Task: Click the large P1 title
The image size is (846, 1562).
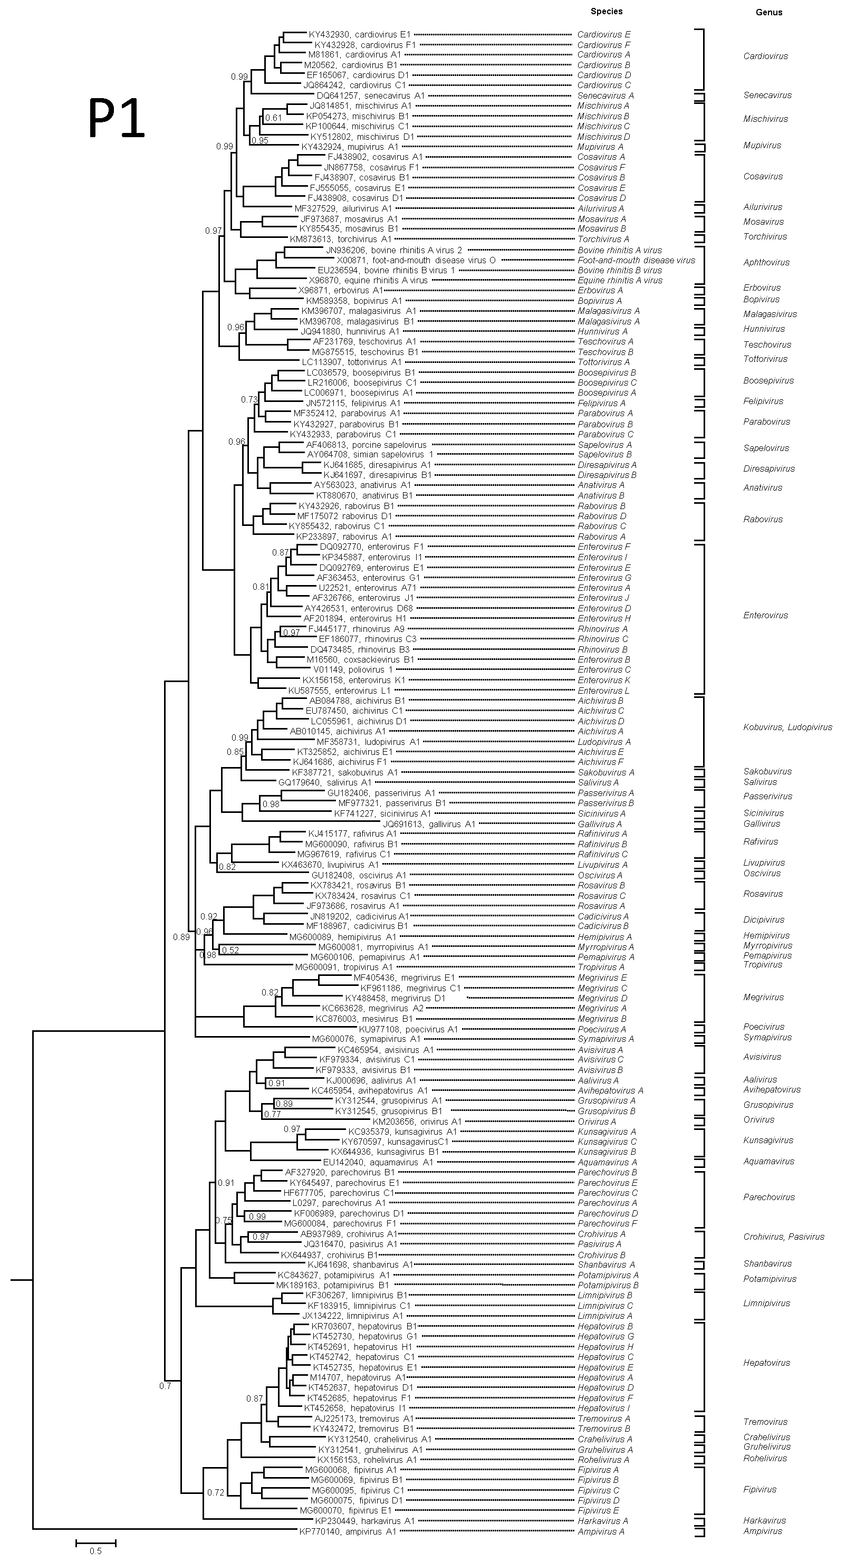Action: tap(117, 118)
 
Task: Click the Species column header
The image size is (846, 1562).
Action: tap(607, 11)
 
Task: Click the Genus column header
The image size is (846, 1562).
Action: tap(768, 12)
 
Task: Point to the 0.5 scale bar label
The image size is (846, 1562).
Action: tap(95, 1551)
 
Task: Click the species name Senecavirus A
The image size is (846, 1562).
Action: tap(605, 96)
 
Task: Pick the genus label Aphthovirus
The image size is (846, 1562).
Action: tap(766, 263)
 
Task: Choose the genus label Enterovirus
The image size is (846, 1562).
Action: tap(765, 616)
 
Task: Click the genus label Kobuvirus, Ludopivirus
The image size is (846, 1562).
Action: tap(787, 727)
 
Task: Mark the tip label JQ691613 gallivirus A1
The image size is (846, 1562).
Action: tap(429, 824)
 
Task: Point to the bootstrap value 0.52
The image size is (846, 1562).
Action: tap(230, 950)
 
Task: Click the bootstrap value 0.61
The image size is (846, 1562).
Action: tap(274, 118)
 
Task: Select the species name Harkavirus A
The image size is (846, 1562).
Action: tap(602, 1521)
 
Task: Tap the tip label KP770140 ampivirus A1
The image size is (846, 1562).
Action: tap(348, 1532)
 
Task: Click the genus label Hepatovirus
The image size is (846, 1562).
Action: tap(766, 1363)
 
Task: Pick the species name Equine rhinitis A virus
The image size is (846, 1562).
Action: tap(620, 280)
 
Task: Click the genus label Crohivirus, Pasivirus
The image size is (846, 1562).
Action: tap(784, 1237)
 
